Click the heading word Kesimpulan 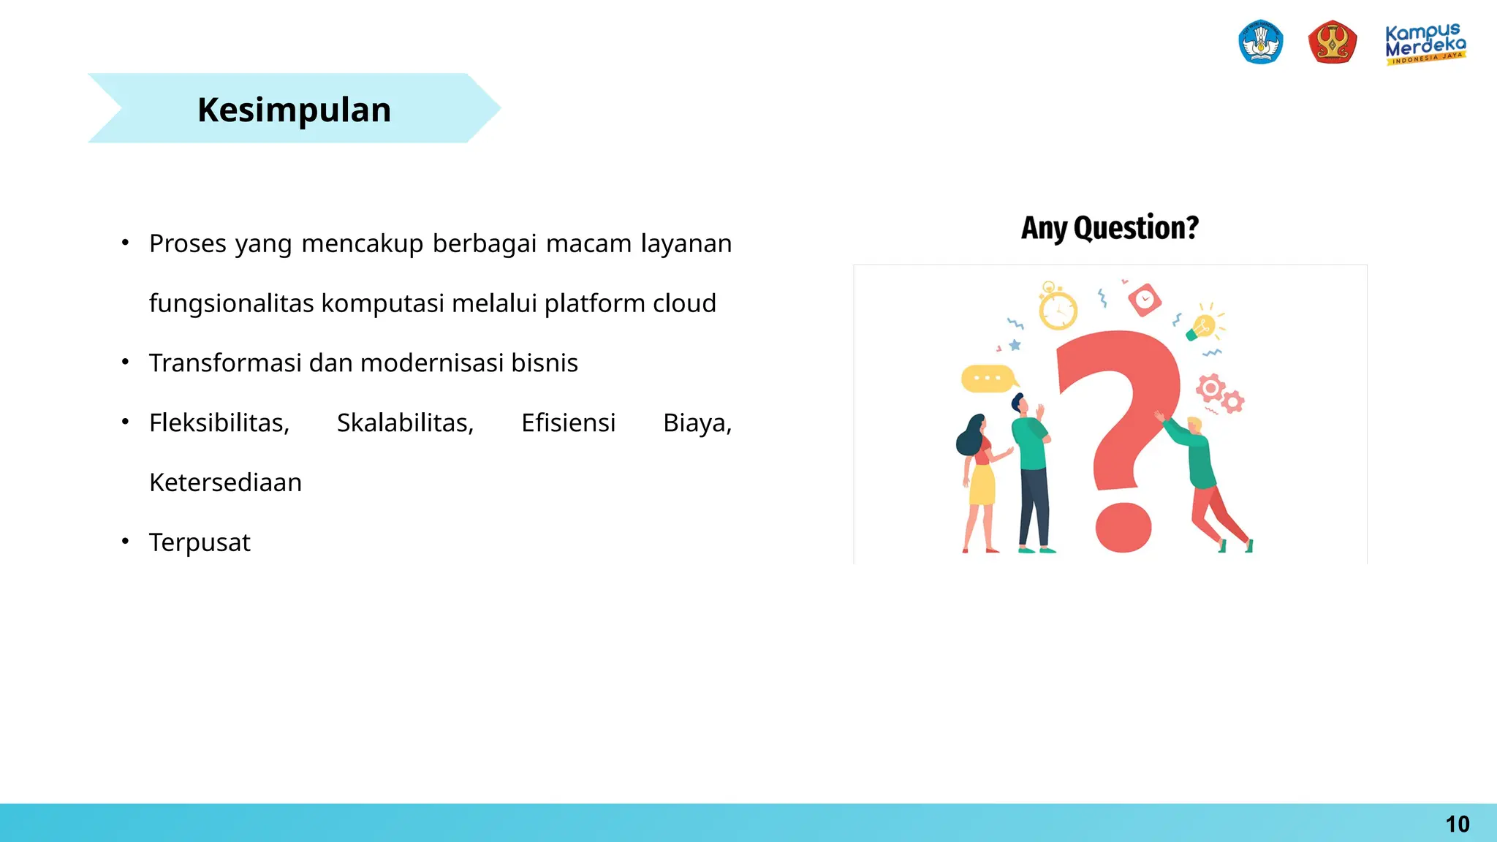pos(294,110)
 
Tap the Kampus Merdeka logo pos(1425,44)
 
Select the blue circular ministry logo pos(1261,42)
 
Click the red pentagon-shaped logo pos(1332,42)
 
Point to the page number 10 pos(1457,824)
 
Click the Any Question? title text pos(1110,227)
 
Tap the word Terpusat pos(200,542)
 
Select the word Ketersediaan pos(225,482)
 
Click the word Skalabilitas pos(405,422)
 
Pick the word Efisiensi pos(568,422)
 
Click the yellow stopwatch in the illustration pos(1058,309)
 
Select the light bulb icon pos(1202,325)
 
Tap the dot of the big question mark pos(1123,527)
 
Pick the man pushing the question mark pos(1205,479)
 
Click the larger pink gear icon pos(1210,387)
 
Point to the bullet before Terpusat pos(126,542)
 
